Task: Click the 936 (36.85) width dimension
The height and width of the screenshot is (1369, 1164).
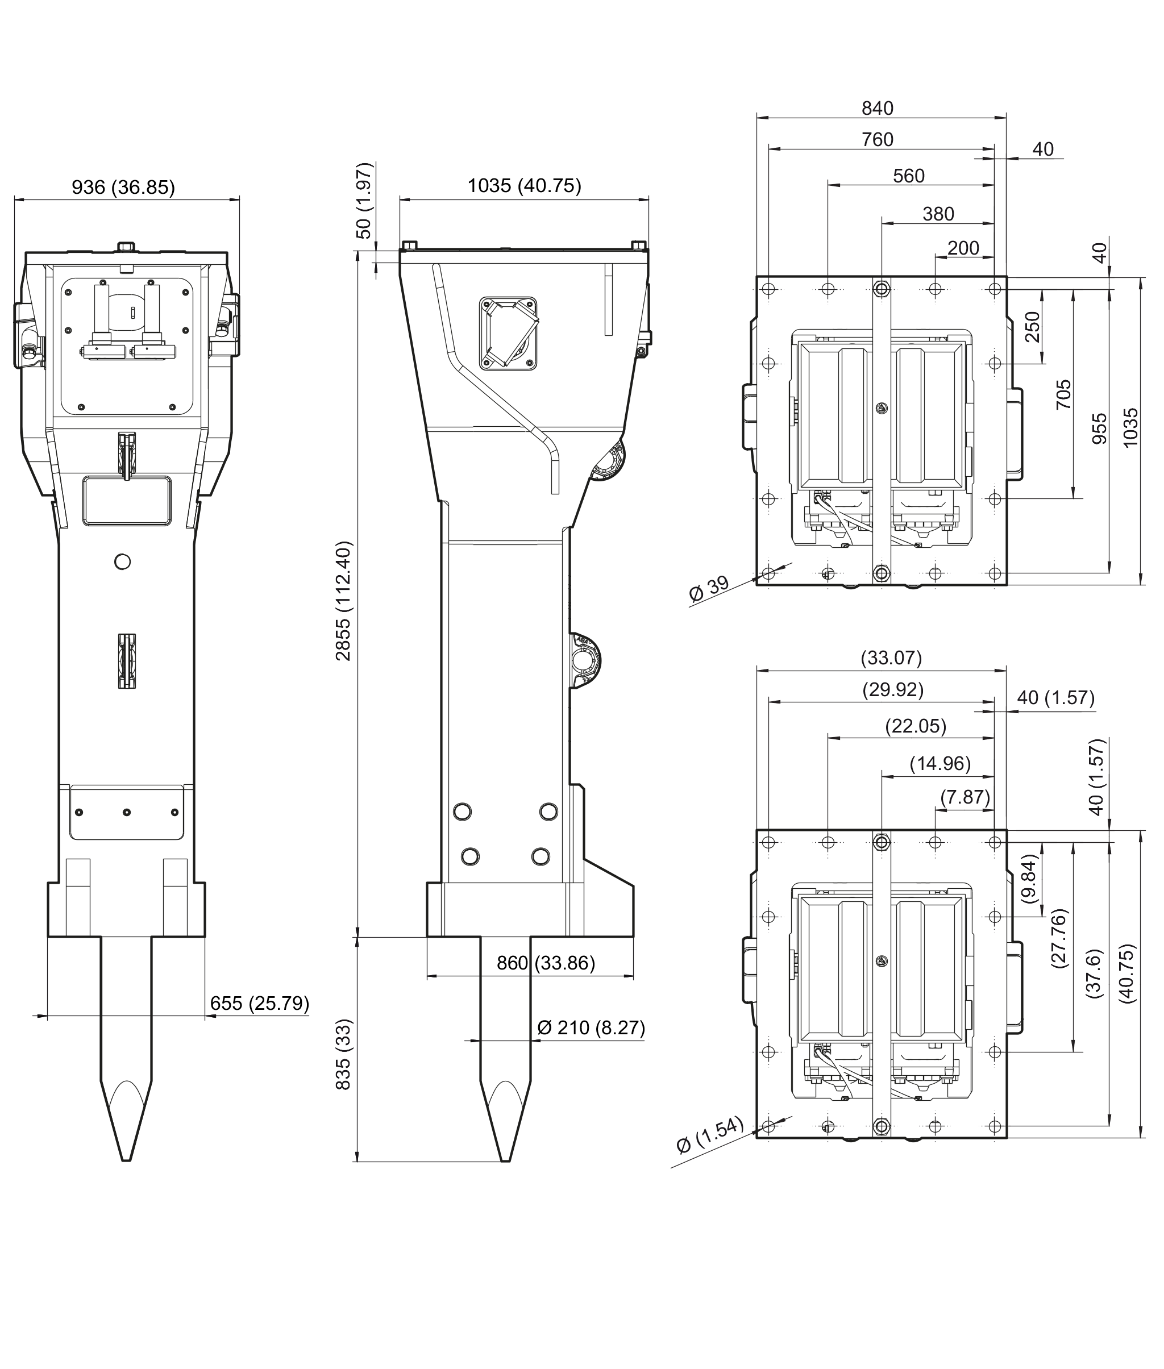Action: (123, 188)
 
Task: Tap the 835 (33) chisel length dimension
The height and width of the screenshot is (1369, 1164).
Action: (344, 1054)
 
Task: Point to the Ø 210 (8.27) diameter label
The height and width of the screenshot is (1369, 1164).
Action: (591, 1027)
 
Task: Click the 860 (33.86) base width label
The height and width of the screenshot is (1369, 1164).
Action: (546, 963)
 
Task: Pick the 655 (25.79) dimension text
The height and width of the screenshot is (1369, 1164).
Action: (259, 1003)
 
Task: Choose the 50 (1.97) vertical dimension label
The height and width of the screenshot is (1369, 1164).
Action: (364, 201)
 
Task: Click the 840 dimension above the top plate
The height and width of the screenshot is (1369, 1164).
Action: (877, 108)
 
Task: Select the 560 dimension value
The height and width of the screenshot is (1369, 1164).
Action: (909, 176)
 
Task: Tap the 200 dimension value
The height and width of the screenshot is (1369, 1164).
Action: (963, 248)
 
